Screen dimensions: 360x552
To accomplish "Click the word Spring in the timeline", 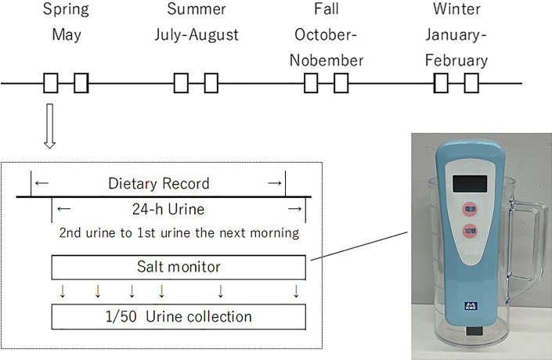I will (x=66, y=11).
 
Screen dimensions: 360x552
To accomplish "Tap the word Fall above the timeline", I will (x=326, y=11).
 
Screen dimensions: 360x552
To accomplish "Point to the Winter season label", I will (x=458, y=11).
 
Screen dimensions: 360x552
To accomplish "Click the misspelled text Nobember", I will (x=327, y=60).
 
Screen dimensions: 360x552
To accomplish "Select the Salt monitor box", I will (x=179, y=267).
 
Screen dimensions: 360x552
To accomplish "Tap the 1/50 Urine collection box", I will (x=179, y=317).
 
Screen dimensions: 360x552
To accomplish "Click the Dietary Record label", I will (x=158, y=184).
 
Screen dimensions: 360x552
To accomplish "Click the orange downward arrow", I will (x=97, y=291).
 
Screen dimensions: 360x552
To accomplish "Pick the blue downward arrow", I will (x=295, y=291).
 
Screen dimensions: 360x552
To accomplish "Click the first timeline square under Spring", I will (x=51, y=82).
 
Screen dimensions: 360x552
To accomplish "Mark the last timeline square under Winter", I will (x=471, y=82).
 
